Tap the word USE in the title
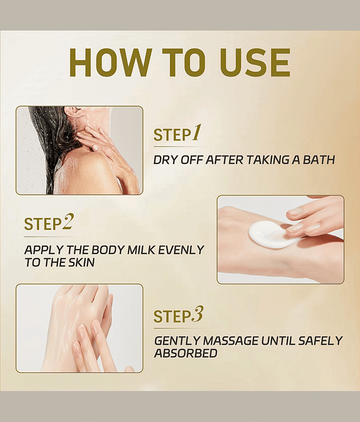[255, 63]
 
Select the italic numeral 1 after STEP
[196, 133]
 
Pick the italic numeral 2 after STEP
[68, 222]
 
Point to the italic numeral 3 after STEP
[198, 314]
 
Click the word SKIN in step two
[81, 262]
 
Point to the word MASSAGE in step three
[230, 341]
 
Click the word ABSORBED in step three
[186, 353]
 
